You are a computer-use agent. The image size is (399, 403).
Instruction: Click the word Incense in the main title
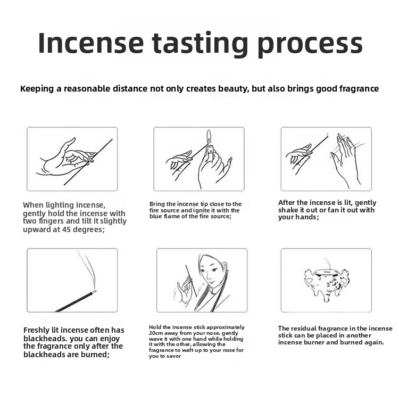point(90,43)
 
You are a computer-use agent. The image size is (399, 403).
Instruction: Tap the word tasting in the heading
point(200,44)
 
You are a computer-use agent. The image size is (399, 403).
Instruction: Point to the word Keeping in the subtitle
point(37,89)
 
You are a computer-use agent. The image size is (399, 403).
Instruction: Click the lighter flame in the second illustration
point(209,136)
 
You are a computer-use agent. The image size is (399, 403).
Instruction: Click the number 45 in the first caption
point(66,229)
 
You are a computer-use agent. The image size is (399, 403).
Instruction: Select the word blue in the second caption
point(155,217)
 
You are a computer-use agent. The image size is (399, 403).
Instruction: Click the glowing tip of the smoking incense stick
point(94,292)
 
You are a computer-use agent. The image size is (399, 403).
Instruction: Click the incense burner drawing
point(326,283)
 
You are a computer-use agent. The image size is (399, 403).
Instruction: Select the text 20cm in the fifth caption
point(155,333)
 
